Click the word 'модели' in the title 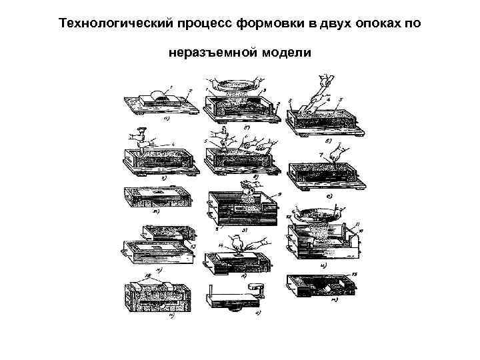point(288,51)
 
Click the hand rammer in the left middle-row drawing point(142,137)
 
